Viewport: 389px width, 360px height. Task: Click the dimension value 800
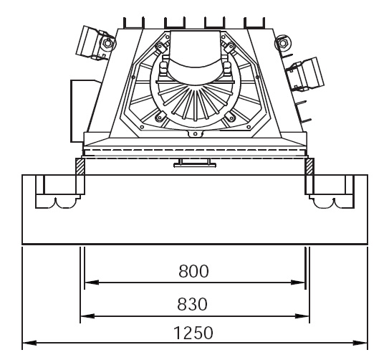[193, 271]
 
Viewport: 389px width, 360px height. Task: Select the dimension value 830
[192, 304]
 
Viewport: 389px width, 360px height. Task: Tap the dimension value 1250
[193, 333]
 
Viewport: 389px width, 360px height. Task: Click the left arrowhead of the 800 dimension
[92, 283]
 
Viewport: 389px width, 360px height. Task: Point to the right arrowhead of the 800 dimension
[298, 283]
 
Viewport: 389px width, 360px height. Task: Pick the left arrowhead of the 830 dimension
[87, 316]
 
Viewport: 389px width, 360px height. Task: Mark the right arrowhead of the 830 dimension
[302, 316]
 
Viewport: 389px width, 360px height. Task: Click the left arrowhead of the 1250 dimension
[29, 343]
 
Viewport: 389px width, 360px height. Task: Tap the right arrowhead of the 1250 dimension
[360, 343]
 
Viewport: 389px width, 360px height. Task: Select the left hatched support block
[80, 166]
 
